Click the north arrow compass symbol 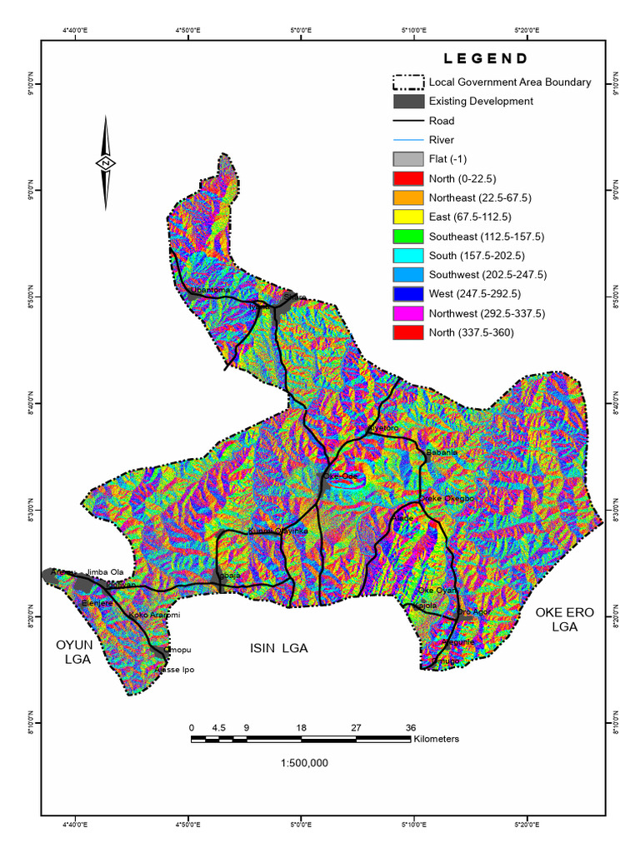pos(107,163)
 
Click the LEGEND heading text pos(485,59)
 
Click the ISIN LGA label pos(279,647)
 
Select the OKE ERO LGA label pos(564,619)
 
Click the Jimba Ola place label pos(105,572)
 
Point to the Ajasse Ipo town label pos(176,669)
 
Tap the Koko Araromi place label pos(154,615)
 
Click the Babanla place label pos(442,452)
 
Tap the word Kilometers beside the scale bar pos(437,739)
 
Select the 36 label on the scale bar pos(410,727)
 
